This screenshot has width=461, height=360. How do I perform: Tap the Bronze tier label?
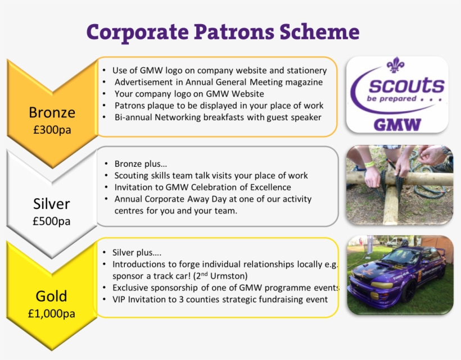point(52,112)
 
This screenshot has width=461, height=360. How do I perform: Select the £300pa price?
point(52,130)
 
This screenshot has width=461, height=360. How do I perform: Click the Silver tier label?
point(52,203)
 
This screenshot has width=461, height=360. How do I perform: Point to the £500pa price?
point(52,221)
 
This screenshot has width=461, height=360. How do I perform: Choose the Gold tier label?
point(52,296)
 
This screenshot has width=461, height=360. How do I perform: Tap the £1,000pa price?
point(52,313)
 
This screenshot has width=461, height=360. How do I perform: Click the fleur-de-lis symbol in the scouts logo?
point(395,65)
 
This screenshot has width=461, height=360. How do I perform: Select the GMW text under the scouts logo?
point(397,125)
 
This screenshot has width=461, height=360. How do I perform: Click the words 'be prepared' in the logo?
point(391,99)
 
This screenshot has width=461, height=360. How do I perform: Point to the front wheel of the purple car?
point(409,291)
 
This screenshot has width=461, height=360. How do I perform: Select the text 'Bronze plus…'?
point(141,164)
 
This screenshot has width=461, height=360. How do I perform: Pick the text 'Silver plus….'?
point(137,253)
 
